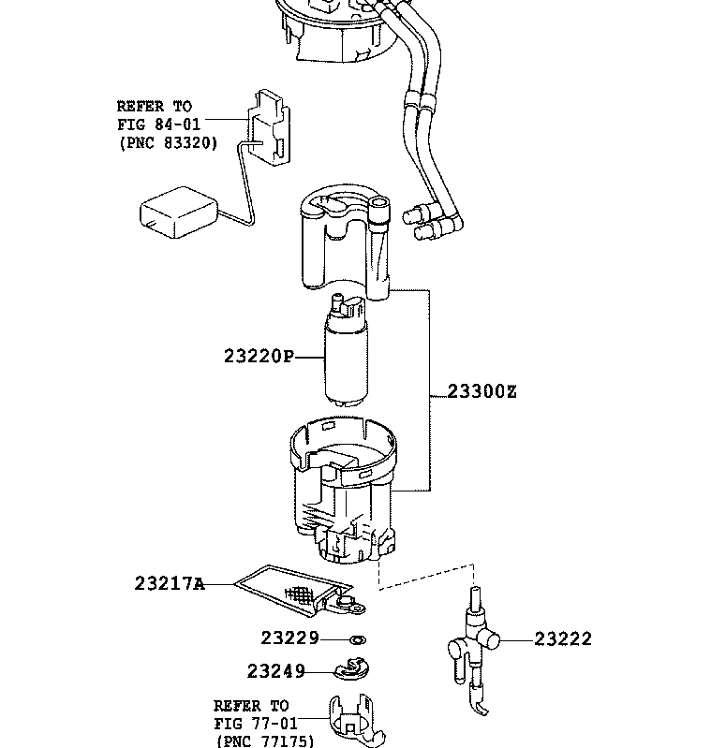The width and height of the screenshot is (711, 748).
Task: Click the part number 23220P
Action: click(259, 357)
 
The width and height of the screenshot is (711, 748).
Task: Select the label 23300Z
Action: click(481, 391)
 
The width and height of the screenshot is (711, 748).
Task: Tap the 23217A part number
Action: click(170, 583)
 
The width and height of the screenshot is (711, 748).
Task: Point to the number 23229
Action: click(289, 638)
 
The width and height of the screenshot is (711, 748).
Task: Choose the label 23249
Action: click(275, 671)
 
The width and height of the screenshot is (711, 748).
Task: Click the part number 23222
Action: click(563, 638)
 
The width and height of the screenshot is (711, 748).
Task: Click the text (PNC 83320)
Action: click(168, 142)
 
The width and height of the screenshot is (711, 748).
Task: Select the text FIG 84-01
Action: click(159, 125)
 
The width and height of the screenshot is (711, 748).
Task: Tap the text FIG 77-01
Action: click(256, 724)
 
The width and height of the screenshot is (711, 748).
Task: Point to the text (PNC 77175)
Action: click(265, 741)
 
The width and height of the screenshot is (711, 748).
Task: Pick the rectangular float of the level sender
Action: click(179, 213)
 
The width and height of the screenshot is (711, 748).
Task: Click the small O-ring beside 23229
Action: click(358, 639)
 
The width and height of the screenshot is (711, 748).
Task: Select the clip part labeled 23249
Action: click(352, 668)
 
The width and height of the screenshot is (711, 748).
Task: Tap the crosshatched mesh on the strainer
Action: click(299, 595)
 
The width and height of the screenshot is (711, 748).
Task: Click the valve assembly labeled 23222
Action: click(472, 649)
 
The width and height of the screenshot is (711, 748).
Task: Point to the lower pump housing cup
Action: click(343, 491)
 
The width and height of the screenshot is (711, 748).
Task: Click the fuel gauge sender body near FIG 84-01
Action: click(269, 128)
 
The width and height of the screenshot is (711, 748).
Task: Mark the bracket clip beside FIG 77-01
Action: click(356, 721)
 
